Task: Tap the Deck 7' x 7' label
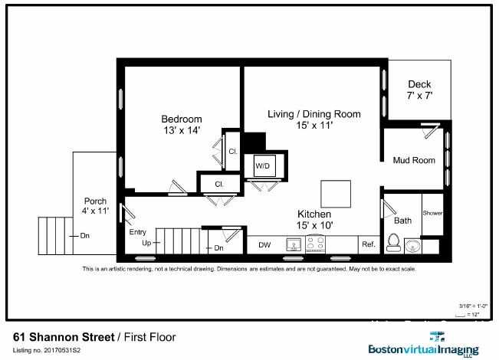tap(419, 90)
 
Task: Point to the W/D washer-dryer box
tap(263, 165)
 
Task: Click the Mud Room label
tap(413, 160)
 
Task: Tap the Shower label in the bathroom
tap(432, 214)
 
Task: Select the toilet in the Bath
tap(394, 241)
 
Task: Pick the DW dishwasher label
tap(264, 245)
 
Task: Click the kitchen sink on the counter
tap(293, 245)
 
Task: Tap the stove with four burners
tap(314, 244)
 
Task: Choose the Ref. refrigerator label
tap(368, 245)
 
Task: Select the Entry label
tap(137, 232)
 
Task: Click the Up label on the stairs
tap(146, 243)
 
